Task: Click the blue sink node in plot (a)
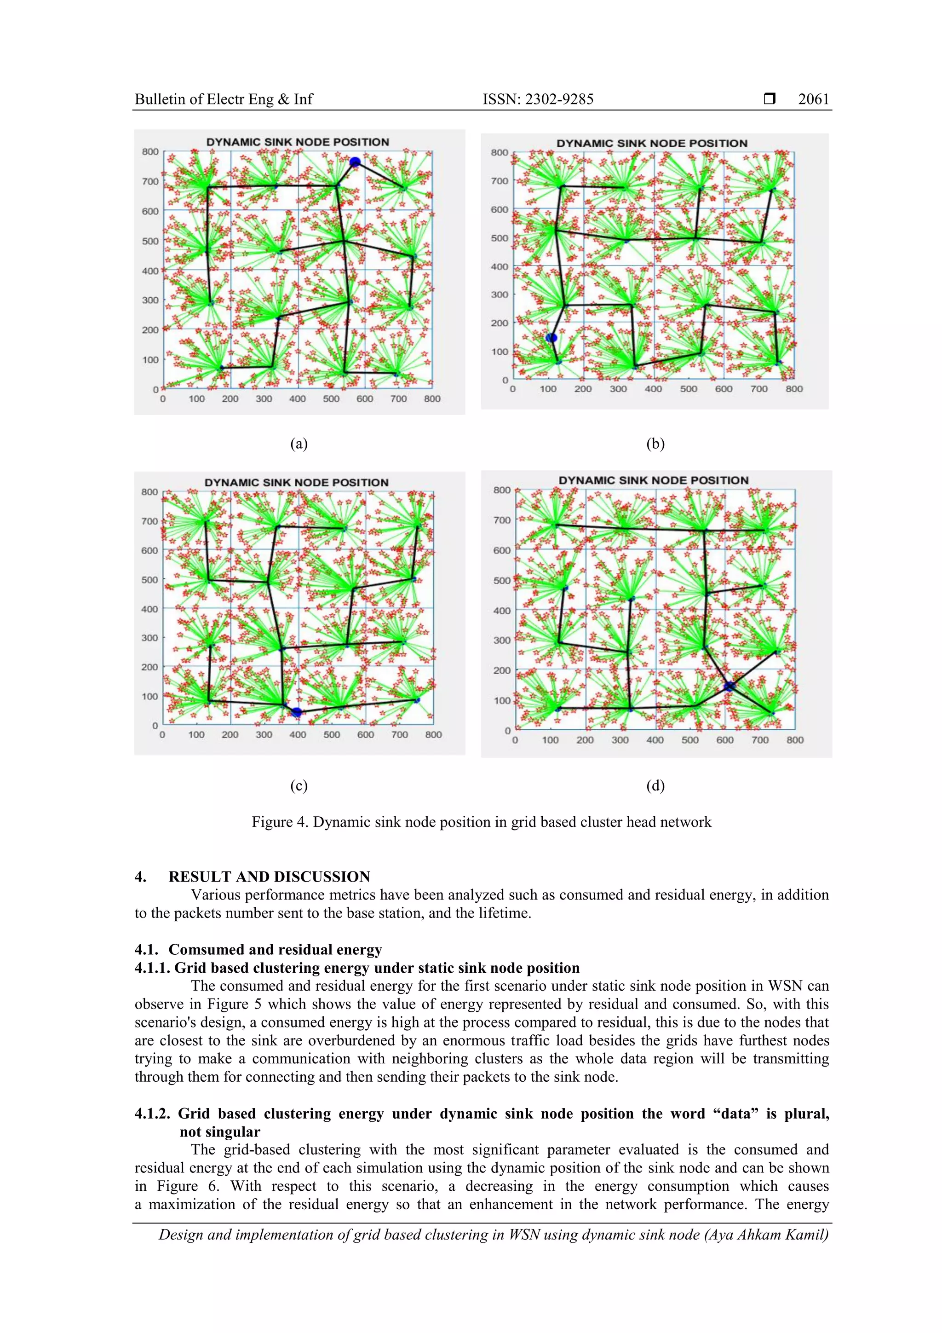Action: (355, 162)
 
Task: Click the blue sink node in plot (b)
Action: (551, 338)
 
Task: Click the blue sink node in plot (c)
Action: (297, 712)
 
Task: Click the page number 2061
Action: (813, 99)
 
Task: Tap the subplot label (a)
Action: (299, 444)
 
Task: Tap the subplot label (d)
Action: (655, 785)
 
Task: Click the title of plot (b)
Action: (651, 143)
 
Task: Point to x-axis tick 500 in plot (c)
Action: (332, 734)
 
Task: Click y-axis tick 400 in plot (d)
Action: (501, 610)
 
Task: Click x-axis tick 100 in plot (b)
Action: (548, 389)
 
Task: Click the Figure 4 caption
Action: (481, 822)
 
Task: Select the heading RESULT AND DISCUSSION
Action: (270, 877)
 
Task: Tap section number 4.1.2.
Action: (152, 1114)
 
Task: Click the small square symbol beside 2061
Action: (770, 99)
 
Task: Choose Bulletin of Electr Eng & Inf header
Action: (224, 99)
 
